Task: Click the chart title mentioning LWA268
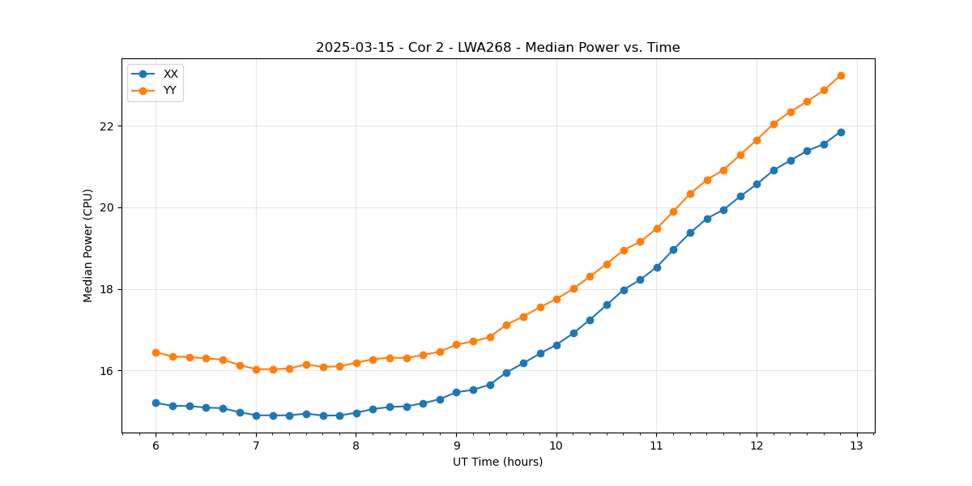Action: pos(497,48)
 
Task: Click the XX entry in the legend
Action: pos(170,74)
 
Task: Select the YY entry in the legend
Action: pos(169,90)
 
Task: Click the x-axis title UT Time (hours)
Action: pos(497,463)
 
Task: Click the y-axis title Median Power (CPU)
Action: pos(88,245)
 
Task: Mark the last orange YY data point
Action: pos(841,75)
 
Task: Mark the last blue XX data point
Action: pos(841,132)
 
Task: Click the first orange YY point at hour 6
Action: pos(156,352)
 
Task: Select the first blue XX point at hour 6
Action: pos(156,403)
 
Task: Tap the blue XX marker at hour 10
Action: pos(556,345)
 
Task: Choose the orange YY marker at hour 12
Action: pos(757,140)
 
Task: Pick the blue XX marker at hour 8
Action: pos(356,413)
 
